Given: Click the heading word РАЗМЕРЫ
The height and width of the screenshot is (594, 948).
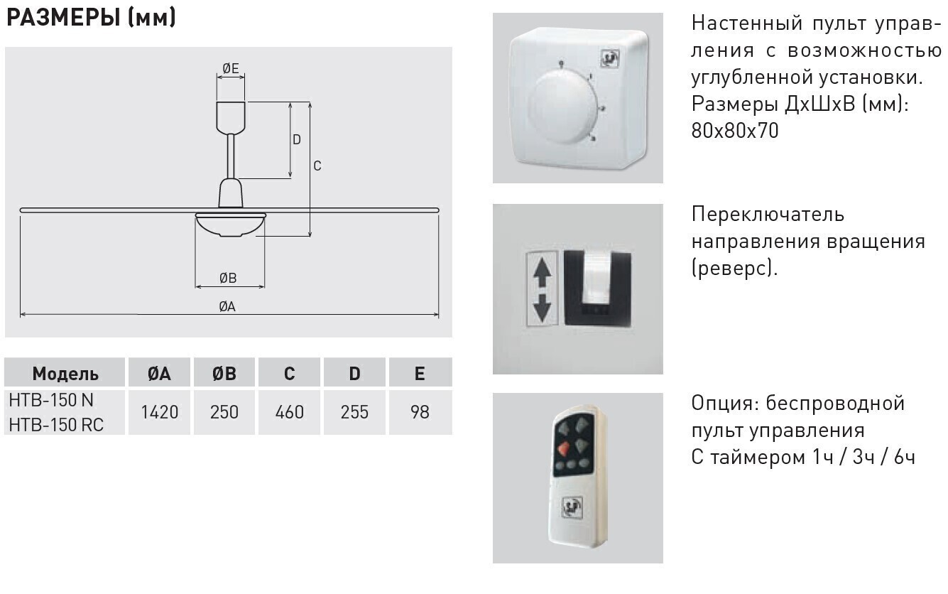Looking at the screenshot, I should point(63,17).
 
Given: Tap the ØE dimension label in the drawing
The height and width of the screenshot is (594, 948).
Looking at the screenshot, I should point(230,68).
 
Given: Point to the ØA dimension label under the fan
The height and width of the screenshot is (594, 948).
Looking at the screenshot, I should point(227,307).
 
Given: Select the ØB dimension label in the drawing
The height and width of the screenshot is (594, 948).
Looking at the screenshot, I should point(228,278).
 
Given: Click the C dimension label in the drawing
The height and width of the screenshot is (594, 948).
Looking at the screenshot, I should point(317,166).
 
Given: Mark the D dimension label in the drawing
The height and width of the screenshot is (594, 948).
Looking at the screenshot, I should point(297,139).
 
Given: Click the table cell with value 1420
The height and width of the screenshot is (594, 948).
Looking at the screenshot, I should point(159,412).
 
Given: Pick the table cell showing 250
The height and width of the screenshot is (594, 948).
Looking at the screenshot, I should point(224,412).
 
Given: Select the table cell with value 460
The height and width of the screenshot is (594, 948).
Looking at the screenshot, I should point(289,412).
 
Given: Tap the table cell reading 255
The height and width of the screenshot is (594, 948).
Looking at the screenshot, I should point(354,412).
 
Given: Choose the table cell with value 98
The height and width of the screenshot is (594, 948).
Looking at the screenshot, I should point(420,412).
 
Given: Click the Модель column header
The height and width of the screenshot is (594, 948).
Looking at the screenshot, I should point(65,374).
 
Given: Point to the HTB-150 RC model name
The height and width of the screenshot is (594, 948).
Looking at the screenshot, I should point(56,425).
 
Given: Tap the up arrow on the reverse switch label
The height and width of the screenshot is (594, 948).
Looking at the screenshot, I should point(542,272).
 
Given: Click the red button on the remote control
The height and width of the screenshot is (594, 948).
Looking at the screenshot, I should point(563,448).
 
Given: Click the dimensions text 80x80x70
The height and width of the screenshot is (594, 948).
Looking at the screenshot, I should point(735,131).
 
